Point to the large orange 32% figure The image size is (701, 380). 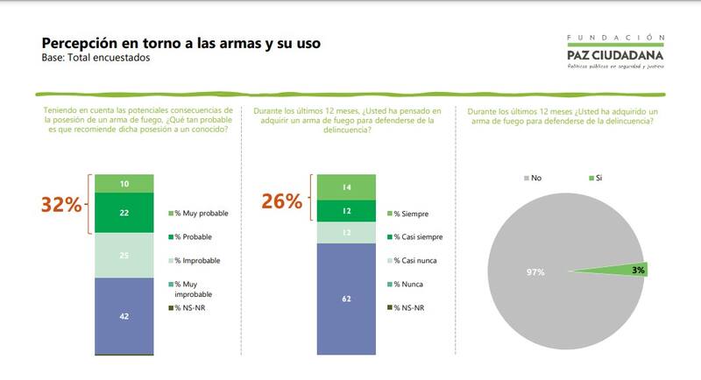(x=62, y=205)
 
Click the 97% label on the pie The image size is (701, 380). (x=535, y=272)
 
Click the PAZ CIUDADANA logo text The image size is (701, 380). (x=615, y=55)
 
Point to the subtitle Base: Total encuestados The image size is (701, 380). (x=96, y=59)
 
